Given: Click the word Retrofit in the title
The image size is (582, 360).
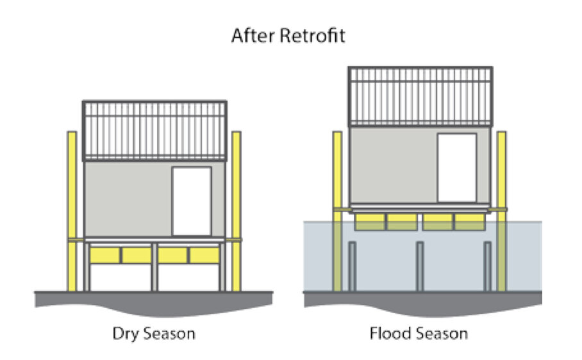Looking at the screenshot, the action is pos(312,36).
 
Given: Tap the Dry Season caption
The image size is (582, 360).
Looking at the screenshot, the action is pos(154,334).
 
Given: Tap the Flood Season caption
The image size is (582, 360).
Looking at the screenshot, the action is pos(419,333).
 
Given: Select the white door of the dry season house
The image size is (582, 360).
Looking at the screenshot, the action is pos(192,201).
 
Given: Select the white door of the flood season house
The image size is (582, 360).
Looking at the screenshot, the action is pos(457,168).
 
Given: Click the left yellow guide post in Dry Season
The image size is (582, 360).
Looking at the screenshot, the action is pos(72,211).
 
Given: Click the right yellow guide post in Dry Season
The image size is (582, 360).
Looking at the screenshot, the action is pos(237,211).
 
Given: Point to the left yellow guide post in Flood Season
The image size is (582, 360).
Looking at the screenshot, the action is pos(337,211).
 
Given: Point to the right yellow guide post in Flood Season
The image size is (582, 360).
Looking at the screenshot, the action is pos(501,211).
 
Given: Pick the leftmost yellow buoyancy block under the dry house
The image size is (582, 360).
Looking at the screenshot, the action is pos(104,255).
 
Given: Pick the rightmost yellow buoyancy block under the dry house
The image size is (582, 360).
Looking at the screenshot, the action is pos(204,255).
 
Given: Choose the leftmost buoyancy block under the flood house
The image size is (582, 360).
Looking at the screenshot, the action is pos(370,222).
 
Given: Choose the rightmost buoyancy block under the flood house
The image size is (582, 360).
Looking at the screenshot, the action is pos(470,222).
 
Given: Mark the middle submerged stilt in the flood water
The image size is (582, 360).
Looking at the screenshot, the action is pos(420,266).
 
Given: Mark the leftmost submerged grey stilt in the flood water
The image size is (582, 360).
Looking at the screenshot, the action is pos(353,266).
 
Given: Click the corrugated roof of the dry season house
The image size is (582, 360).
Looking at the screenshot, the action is pos(154,131).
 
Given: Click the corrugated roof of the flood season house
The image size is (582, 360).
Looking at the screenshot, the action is pos(420,97).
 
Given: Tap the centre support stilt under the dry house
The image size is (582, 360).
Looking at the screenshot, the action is pos(154,267).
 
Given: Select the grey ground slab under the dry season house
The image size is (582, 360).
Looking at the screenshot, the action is pos(154,302).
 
